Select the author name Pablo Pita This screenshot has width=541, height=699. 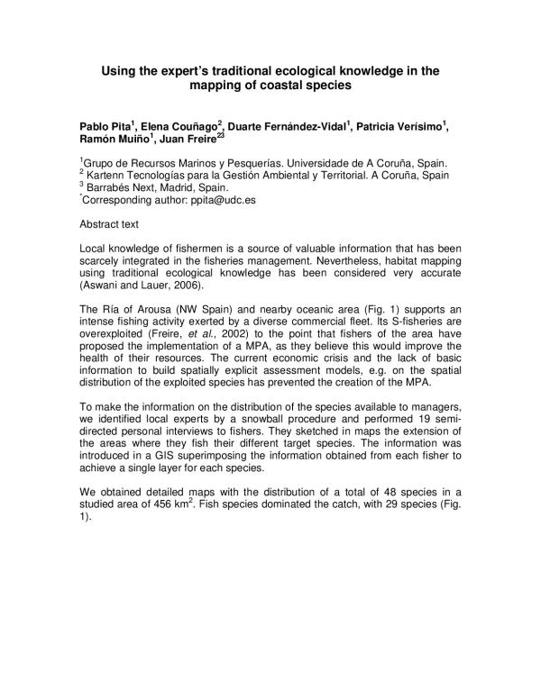105,127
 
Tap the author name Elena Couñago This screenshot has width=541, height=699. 172,127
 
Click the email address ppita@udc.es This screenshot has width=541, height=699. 224,200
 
